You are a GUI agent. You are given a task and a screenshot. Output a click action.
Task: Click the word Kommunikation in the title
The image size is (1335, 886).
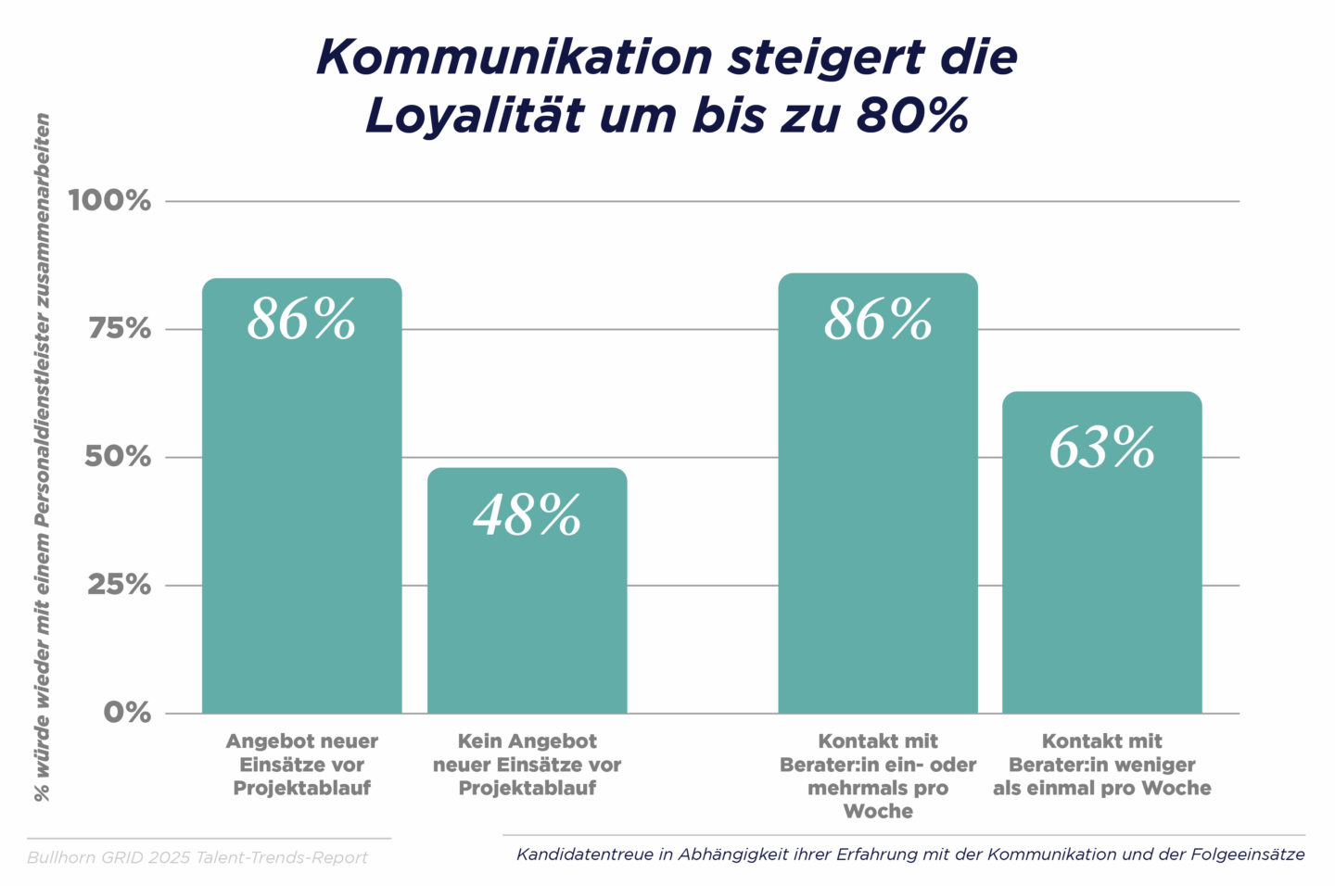tap(515, 57)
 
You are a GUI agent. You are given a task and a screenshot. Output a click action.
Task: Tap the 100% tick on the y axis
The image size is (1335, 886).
tap(109, 200)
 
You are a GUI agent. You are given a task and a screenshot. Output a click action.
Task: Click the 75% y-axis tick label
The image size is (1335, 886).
tap(119, 329)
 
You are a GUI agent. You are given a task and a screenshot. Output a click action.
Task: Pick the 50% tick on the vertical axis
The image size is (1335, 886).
tap(118, 457)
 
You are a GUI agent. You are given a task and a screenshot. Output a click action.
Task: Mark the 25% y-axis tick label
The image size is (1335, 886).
tap(119, 585)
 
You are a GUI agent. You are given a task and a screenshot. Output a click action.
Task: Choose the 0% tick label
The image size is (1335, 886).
tap(127, 713)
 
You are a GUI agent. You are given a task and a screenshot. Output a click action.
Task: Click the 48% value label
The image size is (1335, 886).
tap(527, 515)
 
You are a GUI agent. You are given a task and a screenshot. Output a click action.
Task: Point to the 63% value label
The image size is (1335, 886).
tap(1101, 449)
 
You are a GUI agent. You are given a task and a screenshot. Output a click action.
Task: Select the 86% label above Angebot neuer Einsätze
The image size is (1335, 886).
tap(301, 320)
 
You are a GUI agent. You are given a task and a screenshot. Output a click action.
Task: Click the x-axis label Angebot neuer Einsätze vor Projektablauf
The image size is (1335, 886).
tap(301, 765)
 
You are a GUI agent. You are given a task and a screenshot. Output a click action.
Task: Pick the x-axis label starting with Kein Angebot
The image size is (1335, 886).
tap(527, 765)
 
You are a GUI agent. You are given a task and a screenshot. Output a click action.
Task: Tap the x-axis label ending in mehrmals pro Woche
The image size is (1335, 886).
tap(877, 776)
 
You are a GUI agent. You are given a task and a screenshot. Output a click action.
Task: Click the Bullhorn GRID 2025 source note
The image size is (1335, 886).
tap(197, 858)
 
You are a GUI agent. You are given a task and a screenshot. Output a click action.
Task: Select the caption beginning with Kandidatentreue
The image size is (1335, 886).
tap(909, 854)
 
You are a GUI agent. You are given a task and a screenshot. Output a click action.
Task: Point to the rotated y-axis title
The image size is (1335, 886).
tap(43, 457)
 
